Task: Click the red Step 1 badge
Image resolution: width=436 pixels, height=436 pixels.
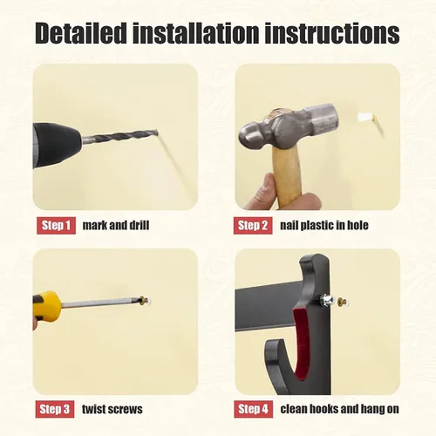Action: (x=56, y=225)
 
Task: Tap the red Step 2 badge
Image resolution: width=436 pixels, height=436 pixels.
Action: (x=253, y=225)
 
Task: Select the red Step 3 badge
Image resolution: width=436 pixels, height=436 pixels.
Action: (x=55, y=409)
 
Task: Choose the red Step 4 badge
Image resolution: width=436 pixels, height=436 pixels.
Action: (x=254, y=409)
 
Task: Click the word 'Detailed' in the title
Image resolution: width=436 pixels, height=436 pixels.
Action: (x=81, y=33)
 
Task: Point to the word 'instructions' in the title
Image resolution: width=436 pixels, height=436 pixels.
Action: (x=332, y=33)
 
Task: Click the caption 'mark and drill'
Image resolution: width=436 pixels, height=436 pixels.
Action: (x=116, y=225)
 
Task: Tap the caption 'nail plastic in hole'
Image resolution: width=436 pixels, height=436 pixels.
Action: (x=324, y=225)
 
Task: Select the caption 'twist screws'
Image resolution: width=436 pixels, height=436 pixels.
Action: (x=112, y=409)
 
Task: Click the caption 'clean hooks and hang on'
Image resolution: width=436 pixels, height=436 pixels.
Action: (x=339, y=409)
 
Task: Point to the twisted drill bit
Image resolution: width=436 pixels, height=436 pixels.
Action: (x=119, y=137)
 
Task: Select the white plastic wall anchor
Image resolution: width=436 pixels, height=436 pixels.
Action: (x=365, y=117)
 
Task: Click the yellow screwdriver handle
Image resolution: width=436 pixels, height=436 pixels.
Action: (x=46, y=305)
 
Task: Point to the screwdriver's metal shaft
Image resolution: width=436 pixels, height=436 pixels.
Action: (x=102, y=303)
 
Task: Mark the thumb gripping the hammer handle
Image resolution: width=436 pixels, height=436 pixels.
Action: (x=267, y=189)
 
